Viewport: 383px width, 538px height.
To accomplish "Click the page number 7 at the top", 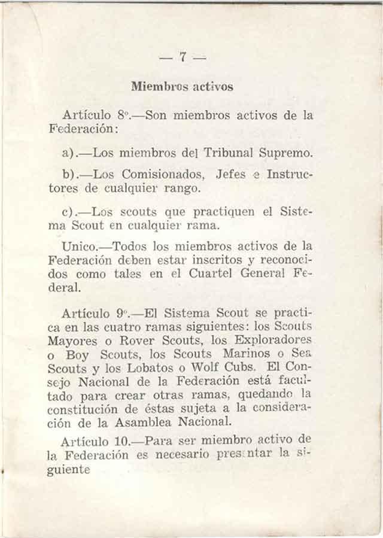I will point(183,57).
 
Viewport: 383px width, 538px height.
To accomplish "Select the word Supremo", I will point(287,153).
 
